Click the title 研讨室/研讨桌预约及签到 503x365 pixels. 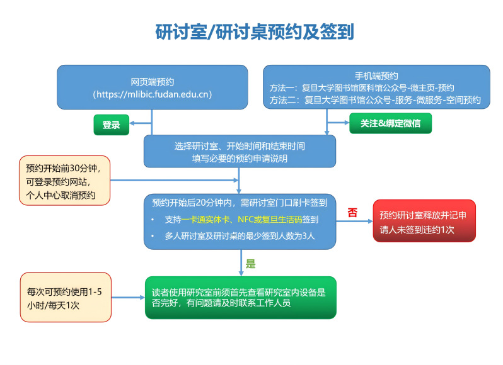[255, 32]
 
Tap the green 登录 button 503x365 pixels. [111, 125]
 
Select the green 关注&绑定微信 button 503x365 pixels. [390, 123]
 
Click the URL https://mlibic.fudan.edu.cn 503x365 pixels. [152, 94]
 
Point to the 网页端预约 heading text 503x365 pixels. [152, 82]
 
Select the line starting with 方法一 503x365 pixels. [362, 88]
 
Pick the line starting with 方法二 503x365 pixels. [375, 100]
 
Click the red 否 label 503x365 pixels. [352, 213]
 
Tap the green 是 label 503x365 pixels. [250, 264]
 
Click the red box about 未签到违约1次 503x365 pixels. [424, 221]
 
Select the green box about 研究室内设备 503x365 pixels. [240, 297]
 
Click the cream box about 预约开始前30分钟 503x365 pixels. [64, 181]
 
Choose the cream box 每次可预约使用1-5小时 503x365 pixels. [64, 298]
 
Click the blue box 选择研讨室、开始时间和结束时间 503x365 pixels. [240, 152]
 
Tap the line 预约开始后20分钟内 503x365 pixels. [240, 203]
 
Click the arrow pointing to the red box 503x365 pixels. [355, 221]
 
